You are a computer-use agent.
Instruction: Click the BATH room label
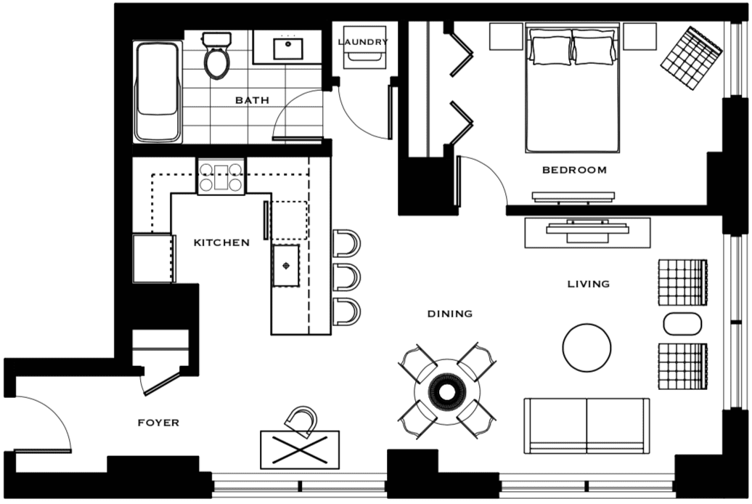coord(252,100)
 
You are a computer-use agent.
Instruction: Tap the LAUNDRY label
coord(363,42)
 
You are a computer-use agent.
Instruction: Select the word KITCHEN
coord(221,243)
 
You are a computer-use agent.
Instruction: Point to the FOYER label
coord(158,423)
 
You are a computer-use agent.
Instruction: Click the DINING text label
coord(450,314)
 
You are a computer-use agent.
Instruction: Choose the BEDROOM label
coord(574,170)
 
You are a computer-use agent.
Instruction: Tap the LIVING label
coord(589,284)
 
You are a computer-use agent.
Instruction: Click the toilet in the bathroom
coord(217,55)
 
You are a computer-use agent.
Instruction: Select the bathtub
coord(158,92)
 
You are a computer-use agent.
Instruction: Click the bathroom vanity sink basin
coord(287,49)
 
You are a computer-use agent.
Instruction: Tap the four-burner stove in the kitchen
coord(221,176)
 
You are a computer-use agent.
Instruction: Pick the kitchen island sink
coord(286,266)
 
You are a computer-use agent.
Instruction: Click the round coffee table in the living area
coord(587,348)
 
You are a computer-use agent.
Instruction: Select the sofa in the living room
coord(587,426)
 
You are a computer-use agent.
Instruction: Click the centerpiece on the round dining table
coord(447,392)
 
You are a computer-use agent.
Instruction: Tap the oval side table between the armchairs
coord(682,324)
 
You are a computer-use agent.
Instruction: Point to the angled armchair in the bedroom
coord(691,58)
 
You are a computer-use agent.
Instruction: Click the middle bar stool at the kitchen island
coord(346,277)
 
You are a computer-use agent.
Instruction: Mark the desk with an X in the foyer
coord(300,450)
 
